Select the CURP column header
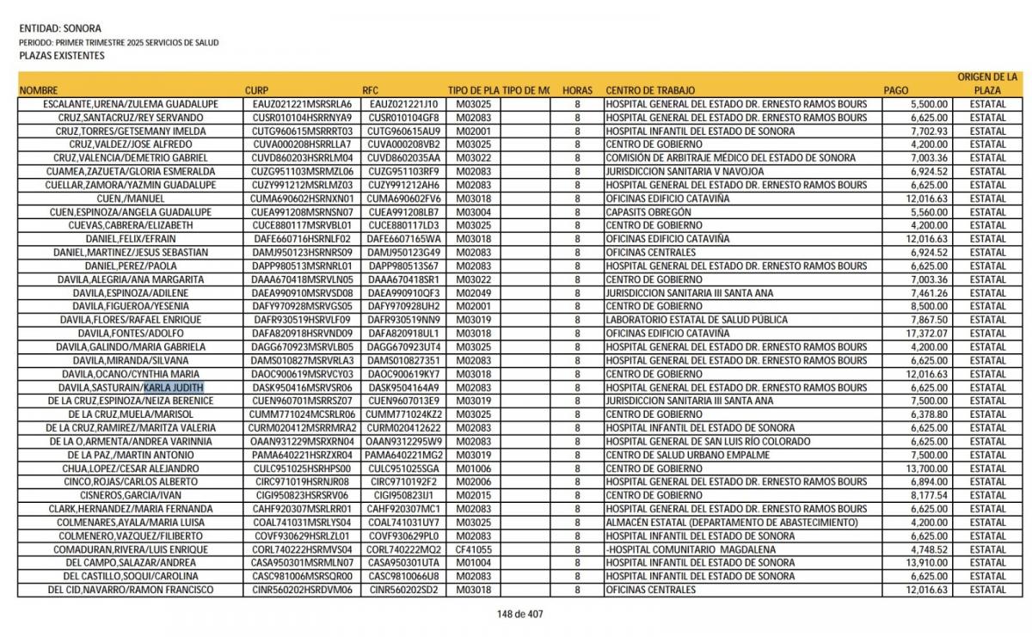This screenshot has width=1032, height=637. pyautogui.click(x=256, y=90)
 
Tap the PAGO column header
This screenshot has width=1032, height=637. pyautogui.click(x=895, y=90)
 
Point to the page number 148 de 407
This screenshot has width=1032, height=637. pyautogui.click(x=520, y=614)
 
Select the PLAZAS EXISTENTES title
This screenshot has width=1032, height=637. pyautogui.click(x=61, y=56)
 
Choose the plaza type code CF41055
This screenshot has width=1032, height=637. pyautogui.click(x=474, y=549)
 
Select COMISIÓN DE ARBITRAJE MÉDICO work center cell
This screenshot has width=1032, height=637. pyautogui.click(x=730, y=158)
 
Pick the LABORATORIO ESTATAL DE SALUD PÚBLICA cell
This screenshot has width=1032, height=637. pyautogui.click(x=696, y=320)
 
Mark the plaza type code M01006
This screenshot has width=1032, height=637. pyautogui.click(x=474, y=469)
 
